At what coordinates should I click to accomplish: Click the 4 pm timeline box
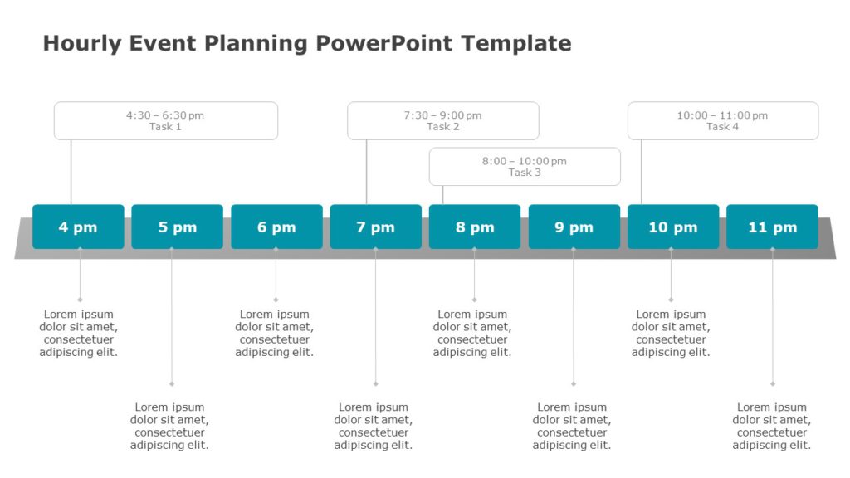[78, 227]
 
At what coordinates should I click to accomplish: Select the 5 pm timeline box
[177, 227]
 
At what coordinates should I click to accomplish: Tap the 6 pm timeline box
[276, 227]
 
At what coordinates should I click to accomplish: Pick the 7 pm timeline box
[375, 227]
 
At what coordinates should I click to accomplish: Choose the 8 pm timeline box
[475, 227]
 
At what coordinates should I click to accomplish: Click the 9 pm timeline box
[574, 227]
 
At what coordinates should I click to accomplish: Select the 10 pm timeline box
[673, 227]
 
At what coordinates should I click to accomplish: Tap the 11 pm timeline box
[772, 227]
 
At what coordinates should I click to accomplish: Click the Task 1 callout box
[166, 121]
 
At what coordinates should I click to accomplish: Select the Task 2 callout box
[442, 121]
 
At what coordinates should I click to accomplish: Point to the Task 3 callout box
[525, 167]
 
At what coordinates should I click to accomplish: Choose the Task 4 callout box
[722, 121]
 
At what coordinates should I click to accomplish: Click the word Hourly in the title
[81, 43]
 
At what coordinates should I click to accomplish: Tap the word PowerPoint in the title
[384, 43]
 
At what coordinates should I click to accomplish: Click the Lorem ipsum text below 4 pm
[79, 333]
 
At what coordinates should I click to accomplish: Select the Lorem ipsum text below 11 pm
[772, 426]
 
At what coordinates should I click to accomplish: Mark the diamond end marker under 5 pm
[172, 383]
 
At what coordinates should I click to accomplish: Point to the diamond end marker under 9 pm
[574, 383]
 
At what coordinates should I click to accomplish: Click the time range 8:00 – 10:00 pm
[525, 161]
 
